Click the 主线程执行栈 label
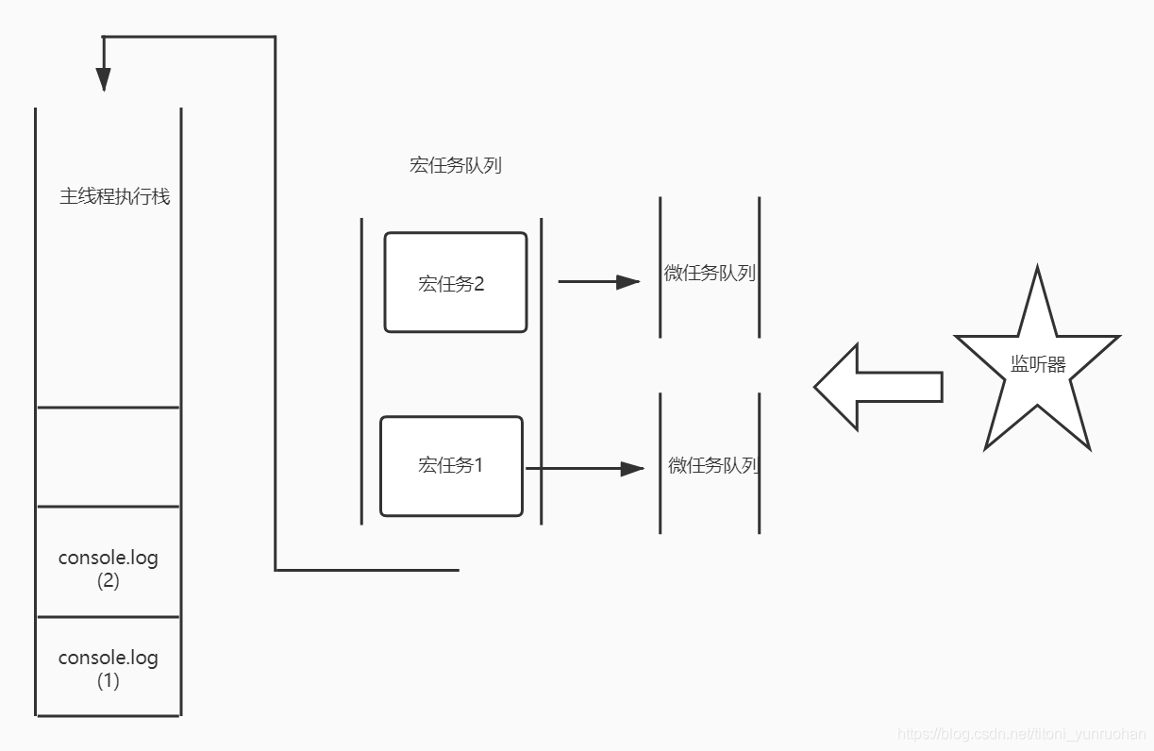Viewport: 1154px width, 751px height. point(115,197)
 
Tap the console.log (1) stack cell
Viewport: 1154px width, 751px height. point(108,667)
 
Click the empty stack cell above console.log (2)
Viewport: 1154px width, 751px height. point(108,457)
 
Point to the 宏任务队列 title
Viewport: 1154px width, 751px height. point(455,165)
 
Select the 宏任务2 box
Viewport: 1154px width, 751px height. point(455,282)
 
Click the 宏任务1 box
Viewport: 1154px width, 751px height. point(451,466)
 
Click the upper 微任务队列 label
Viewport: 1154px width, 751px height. point(710,274)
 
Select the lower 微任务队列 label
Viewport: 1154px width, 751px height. point(713,465)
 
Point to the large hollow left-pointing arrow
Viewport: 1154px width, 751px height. point(877,387)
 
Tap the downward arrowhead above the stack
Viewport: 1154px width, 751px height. point(104,79)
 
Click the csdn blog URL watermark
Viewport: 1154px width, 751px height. point(1021,733)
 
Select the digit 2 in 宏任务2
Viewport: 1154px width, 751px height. point(478,283)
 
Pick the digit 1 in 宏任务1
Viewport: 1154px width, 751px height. point(477,465)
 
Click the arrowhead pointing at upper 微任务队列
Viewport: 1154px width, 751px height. point(629,281)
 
